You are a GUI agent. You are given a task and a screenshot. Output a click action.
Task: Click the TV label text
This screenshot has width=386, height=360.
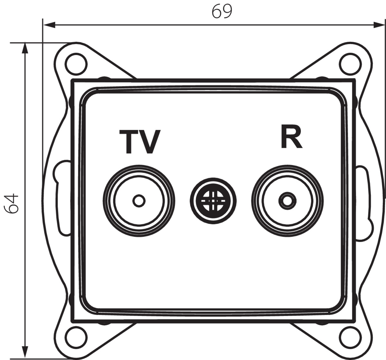pos(140,142)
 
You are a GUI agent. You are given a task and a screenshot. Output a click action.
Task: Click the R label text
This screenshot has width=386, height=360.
pos(291,137)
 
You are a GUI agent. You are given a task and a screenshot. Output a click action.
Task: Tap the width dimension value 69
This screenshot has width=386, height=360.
pos(222,11)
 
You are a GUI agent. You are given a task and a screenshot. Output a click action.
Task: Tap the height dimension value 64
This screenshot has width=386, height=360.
pos(11,203)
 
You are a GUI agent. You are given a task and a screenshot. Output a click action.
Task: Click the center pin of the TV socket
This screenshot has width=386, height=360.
pos(139,201)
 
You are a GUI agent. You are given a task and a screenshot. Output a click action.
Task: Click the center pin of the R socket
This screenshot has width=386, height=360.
pos(287,201)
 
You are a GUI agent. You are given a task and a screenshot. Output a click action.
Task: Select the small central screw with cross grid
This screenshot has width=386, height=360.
pos(213,201)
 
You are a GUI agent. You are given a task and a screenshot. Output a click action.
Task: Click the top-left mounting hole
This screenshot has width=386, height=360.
pos(76,64)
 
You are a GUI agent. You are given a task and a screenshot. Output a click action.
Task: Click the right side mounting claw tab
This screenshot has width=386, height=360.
pos(363,203)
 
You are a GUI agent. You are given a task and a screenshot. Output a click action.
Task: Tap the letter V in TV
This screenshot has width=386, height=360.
pos(150,142)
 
